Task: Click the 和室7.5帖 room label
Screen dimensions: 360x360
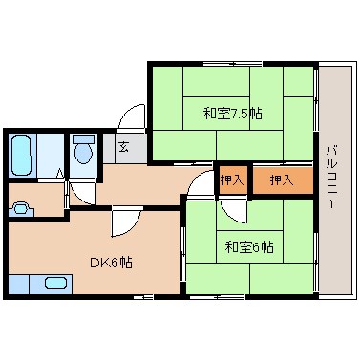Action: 232,114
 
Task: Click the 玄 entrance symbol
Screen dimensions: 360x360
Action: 125,147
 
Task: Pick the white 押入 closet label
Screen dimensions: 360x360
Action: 233,180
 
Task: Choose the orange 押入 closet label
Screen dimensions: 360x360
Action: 281,180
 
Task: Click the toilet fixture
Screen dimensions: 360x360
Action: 83,150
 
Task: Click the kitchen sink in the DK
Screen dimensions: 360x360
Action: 55,283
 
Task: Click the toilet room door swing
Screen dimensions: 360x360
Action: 81,190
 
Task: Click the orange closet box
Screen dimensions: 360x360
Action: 282,180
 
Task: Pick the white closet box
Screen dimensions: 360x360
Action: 233,180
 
